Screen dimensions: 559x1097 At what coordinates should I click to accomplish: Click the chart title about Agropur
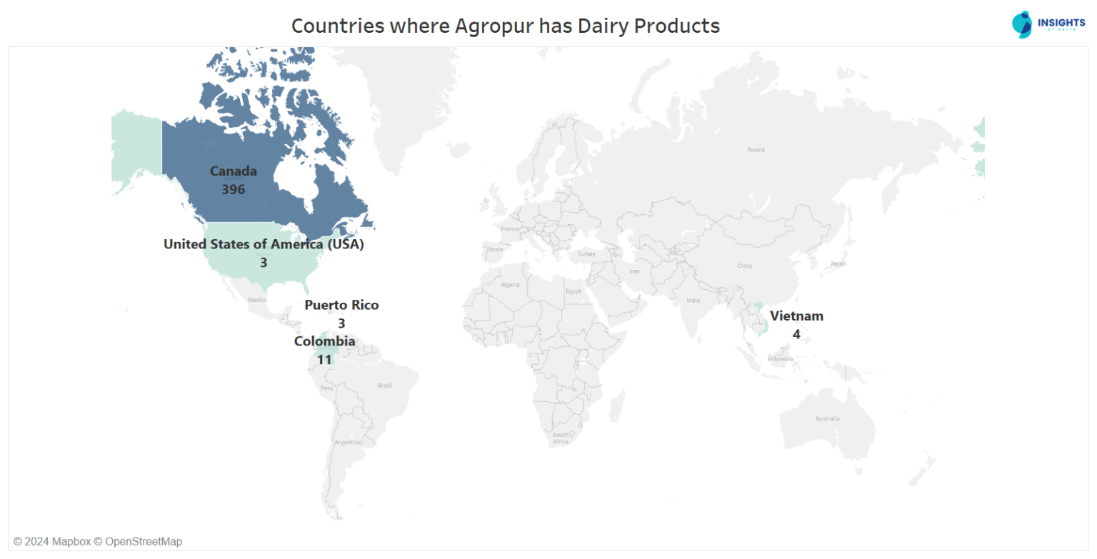[x=505, y=26]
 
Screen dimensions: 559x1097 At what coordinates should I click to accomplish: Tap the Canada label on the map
[x=233, y=171]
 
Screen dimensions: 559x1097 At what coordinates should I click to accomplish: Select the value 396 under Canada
[x=233, y=189]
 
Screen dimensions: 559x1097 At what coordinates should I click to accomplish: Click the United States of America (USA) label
[x=264, y=244]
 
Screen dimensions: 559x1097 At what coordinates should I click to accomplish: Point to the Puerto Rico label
[x=341, y=305]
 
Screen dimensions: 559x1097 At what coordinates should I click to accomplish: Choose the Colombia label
[x=324, y=341]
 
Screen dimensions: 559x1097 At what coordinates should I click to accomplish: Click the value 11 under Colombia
[x=324, y=359]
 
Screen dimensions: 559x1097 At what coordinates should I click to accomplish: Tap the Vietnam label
[x=796, y=316]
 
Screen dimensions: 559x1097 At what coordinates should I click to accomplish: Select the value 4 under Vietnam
[x=796, y=333]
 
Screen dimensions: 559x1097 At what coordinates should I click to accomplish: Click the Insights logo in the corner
[x=1047, y=24]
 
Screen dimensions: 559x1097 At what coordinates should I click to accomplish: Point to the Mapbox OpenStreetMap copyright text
[x=98, y=541]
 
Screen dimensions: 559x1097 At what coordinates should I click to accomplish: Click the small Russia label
[x=755, y=150]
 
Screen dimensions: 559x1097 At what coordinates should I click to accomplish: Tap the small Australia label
[x=827, y=418]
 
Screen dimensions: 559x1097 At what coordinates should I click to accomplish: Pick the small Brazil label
[x=384, y=386]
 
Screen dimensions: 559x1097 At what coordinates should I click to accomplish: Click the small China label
[x=744, y=266]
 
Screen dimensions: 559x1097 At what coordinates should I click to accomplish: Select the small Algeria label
[x=510, y=284]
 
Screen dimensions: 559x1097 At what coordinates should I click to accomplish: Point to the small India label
[x=693, y=300]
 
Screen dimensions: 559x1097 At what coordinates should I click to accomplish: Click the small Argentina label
[x=349, y=443]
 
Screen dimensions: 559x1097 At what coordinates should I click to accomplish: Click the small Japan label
[x=838, y=263]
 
